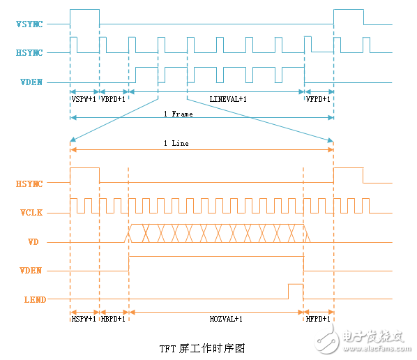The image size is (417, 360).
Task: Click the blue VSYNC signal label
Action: pos(29,24)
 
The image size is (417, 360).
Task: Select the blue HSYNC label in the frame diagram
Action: pos(29,53)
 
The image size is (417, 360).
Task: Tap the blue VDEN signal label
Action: pos(31,82)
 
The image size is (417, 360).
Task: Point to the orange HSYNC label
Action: pos(29,184)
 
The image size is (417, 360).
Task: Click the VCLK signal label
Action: pos(31,212)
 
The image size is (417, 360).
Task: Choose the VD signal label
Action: pos(33,241)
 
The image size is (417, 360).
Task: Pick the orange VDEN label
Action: pos(31,271)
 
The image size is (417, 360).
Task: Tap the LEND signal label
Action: pos(35,300)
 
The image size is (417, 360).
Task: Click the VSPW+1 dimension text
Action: pos(84,99)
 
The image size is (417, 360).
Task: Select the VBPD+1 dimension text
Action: pos(113,99)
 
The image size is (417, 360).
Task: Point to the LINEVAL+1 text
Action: pos(228,99)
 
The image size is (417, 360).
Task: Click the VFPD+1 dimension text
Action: pos(318,99)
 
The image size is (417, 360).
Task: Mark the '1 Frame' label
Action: pos(179,114)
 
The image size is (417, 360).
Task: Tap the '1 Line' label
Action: pos(176,143)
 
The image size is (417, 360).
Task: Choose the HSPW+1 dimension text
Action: pos(84,319)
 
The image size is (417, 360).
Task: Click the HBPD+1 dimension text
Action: pos(113,319)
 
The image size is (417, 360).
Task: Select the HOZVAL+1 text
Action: pos(226,319)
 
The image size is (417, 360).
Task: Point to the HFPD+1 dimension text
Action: pos(318,319)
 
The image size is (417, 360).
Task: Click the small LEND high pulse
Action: pos(296,285)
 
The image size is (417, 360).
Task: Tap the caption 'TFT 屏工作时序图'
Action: pos(202,348)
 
